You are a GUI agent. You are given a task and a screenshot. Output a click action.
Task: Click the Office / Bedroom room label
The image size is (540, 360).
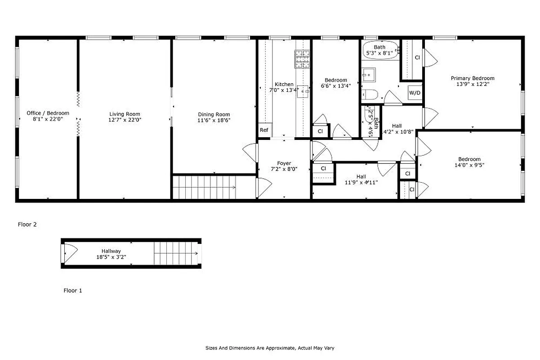pyautogui.click(x=48, y=113)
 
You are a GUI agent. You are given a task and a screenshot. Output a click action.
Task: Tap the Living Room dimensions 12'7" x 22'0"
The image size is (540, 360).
pyautogui.click(x=125, y=120)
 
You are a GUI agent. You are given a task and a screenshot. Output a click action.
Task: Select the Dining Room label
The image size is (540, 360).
pyautogui.click(x=214, y=114)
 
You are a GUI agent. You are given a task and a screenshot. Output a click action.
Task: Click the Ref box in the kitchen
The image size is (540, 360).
pyautogui.click(x=264, y=130)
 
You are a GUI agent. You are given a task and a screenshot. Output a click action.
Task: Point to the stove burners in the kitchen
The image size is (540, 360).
pyautogui.click(x=302, y=58)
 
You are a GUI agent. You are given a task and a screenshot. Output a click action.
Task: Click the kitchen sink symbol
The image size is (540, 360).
pyautogui.click(x=303, y=91)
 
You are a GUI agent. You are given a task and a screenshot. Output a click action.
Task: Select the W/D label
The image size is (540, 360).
pyautogui.click(x=415, y=93)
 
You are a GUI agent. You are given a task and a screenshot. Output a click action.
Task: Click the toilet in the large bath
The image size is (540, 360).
pyautogui.click(x=369, y=94)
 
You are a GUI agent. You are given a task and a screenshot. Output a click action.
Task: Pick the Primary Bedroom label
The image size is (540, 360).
pyautogui.click(x=473, y=78)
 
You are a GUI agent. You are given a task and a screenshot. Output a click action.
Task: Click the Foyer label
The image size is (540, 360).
pyautogui.click(x=284, y=163)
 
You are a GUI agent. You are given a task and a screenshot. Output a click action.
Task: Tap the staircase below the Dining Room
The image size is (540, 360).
pyautogui.click(x=205, y=187)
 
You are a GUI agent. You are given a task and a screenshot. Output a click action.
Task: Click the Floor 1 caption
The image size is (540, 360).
pyautogui.click(x=72, y=291)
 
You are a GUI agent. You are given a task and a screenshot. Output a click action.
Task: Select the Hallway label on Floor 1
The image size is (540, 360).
pyautogui.click(x=111, y=251)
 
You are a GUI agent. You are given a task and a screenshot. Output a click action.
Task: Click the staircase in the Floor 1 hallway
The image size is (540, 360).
pyautogui.click(x=175, y=253)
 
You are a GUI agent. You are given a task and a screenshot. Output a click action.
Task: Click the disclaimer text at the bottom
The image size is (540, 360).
pyautogui.click(x=270, y=348)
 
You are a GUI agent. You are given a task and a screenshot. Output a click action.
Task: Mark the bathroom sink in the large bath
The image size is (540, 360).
pyautogui.click(x=369, y=73)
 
